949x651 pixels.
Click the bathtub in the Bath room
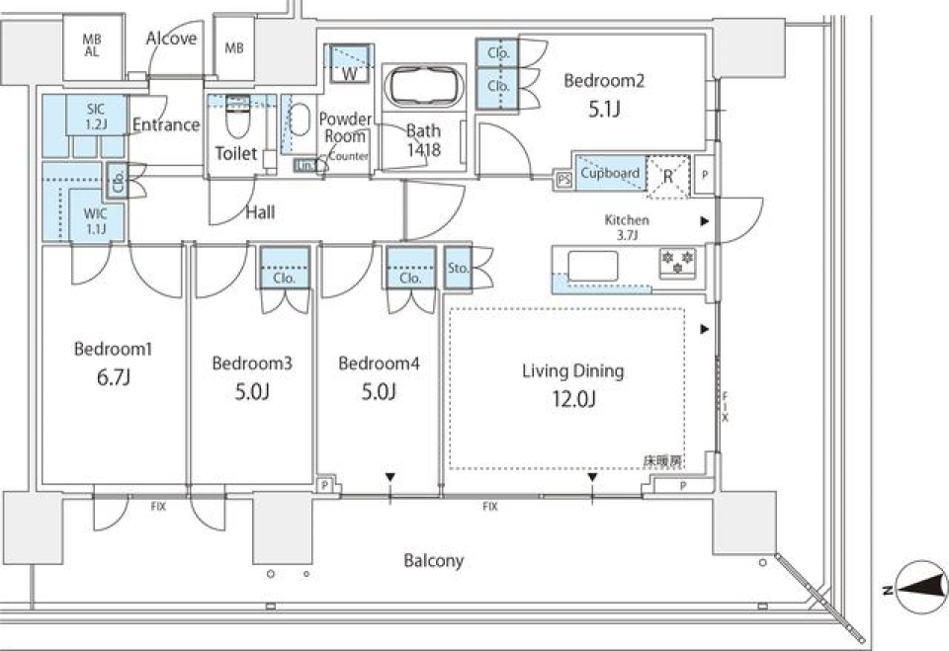(x=422, y=88)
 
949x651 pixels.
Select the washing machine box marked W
(x=349, y=66)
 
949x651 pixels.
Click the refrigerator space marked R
(x=667, y=177)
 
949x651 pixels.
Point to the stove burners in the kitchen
(x=678, y=264)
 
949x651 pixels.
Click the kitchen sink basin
(x=592, y=266)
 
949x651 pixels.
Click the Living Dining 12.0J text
(x=572, y=384)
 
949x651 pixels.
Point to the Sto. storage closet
(x=458, y=267)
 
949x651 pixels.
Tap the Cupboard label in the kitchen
(x=609, y=173)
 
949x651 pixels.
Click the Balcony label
(x=433, y=561)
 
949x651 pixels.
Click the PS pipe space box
(x=564, y=180)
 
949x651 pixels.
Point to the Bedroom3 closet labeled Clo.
(x=285, y=268)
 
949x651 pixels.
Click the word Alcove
(x=171, y=39)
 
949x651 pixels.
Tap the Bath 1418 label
(x=423, y=140)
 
